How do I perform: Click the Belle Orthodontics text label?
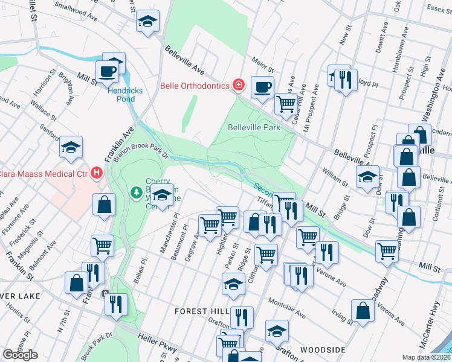(195, 85)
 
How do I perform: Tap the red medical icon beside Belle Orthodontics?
(239, 85)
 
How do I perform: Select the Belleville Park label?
(254, 127)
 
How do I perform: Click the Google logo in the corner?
(20, 355)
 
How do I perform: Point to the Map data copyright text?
(427, 357)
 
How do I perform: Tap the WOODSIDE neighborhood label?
(322, 350)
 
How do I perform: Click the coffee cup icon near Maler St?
(263, 87)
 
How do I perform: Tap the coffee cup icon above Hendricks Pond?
(108, 71)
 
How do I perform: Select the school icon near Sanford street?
(71, 147)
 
